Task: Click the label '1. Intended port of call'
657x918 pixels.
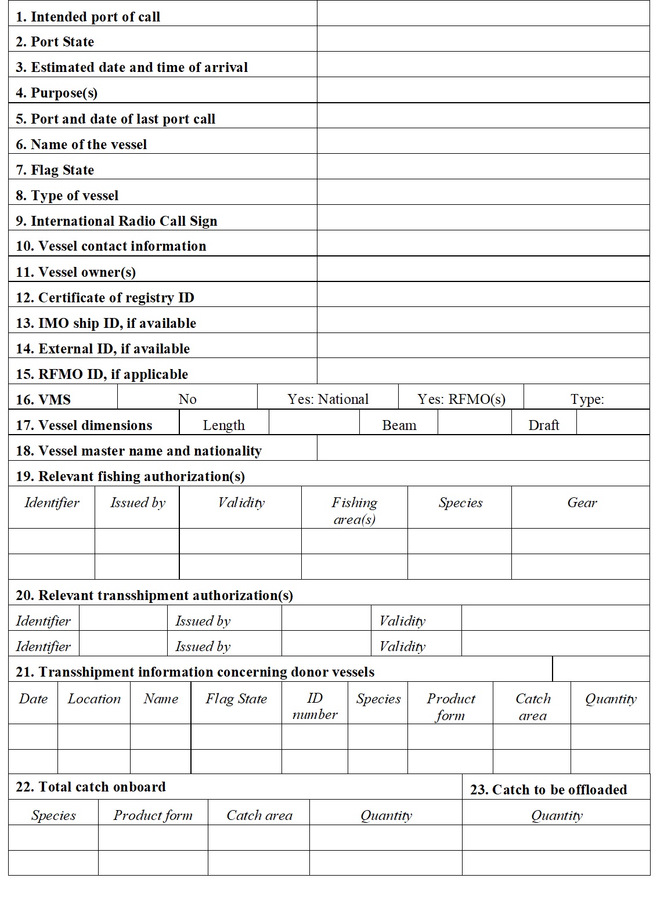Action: coord(88,17)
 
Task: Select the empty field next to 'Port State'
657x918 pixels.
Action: coord(483,39)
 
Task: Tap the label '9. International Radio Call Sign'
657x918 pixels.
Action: coord(117,221)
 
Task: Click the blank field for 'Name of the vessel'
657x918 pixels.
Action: coord(483,141)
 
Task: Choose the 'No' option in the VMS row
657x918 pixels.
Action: coord(187,399)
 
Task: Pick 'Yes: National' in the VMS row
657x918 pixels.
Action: coord(328,399)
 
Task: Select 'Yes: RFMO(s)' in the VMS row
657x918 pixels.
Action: coord(461,399)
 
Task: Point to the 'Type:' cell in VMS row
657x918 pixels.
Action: coord(587,399)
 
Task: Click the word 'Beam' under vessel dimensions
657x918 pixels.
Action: coord(399,425)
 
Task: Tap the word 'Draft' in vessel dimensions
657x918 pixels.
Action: coord(544,425)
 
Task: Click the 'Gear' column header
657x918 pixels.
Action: coord(582,503)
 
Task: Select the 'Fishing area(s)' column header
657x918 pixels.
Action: coord(355,511)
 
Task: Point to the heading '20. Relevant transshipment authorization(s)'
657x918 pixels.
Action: coord(154,595)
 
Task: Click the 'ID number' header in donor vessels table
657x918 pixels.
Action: coord(315,706)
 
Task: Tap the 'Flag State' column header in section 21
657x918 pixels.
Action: coord(236,699)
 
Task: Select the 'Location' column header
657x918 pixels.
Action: coord(94,699)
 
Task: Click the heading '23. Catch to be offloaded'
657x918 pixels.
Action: coord(548,790)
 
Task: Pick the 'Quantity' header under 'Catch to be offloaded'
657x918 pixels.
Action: coord(557,816)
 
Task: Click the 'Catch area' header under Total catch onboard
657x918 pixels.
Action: coord(259,816)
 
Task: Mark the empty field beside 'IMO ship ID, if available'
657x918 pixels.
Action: coord(483,320)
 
